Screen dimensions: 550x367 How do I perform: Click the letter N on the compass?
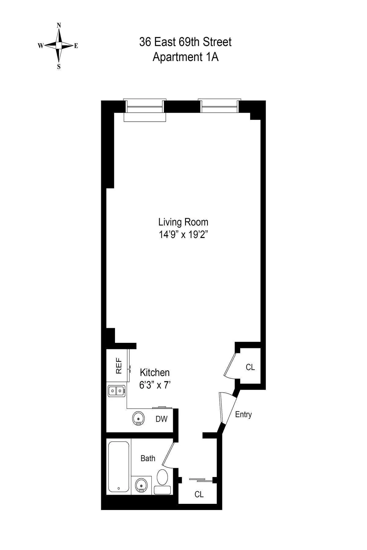click(x=59, y=26)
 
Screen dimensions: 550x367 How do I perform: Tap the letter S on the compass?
click(x=59, y=67)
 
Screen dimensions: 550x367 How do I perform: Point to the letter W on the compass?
click(x=40, y=46)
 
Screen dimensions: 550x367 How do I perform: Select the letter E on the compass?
click(x=76, y=46)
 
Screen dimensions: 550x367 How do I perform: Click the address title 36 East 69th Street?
click(x=185, y=42)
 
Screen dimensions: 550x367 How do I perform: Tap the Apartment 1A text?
click(x=185, y=57)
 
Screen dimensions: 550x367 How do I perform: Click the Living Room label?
click(x=183, y=222)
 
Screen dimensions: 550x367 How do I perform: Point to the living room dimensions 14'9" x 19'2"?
click(x=183, y=235)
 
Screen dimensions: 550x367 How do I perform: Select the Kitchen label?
click(x=154, y=372)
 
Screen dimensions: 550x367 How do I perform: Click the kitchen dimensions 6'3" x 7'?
click(x=154, y=385)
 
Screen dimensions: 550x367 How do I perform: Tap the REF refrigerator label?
click(x=119, y=366)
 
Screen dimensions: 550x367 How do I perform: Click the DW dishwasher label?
click(x=161, y=419)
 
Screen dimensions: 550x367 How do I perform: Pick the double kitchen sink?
click(x=117, y=391)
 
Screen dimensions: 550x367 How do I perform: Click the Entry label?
click(x=243, y=415)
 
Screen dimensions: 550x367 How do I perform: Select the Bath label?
click(x=148, y=458)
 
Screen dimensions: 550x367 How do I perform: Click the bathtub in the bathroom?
click(x=119, y=467)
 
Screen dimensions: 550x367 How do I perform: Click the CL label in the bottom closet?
click(x=199, y=494)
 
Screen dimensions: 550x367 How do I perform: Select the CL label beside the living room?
click(x=250, y=367)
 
